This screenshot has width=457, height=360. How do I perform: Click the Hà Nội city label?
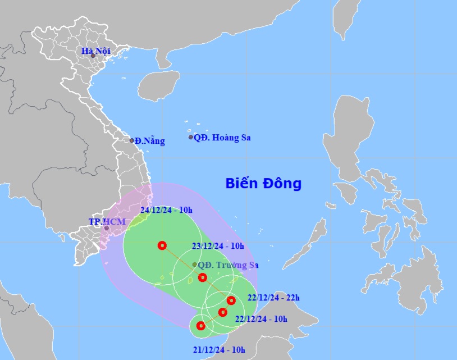(95, 52)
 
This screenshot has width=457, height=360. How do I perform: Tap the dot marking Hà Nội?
(93, 56)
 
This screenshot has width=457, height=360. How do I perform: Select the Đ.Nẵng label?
(150, 141)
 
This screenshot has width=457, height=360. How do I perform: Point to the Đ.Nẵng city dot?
(132, 140)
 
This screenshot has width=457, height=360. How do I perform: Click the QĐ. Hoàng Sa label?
(222, 138)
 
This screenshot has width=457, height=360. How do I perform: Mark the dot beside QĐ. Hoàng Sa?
(191, 137)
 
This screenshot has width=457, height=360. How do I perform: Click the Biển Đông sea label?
(263, 184)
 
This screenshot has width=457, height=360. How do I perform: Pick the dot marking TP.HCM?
(106, 228)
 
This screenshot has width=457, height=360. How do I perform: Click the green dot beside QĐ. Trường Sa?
(194, 265)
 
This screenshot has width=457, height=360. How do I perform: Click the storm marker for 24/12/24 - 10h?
(162, 245)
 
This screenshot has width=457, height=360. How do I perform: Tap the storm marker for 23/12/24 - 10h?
(203, 277)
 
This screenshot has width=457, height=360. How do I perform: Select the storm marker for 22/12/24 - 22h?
(231, 300)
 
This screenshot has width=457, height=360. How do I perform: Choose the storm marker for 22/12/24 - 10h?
(222, 312)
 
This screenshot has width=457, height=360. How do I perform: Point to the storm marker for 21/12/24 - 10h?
(200, 325)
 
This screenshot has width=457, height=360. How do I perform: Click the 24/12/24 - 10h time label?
(166, 211)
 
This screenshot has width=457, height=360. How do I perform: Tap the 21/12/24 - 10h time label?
(219, 350)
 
